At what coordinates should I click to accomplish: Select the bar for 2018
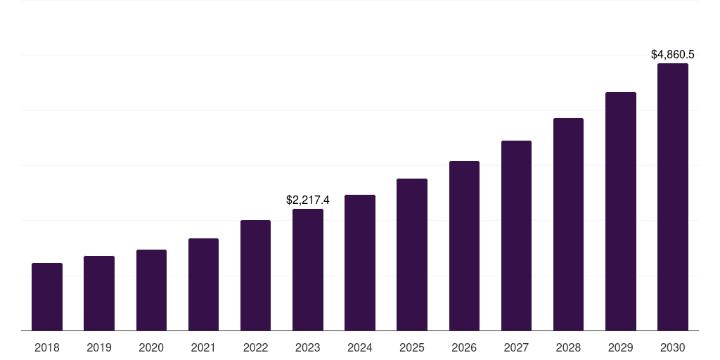click(47, 297)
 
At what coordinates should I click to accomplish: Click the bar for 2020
click(151, 290)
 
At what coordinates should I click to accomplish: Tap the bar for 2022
click(255, 275)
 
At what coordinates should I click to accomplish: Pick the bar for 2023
click(308, 269)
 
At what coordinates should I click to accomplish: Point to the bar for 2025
click(412, 255)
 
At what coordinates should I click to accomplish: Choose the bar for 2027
click(516, 236)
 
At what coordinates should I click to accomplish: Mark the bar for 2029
click(620, 211)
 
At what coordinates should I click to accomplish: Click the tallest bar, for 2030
click(673, 197)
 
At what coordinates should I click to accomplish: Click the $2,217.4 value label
click(308, 200)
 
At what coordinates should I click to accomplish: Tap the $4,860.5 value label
click(673, 54)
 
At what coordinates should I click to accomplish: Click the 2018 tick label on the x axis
click(47, 347)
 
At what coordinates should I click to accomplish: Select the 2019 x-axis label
click(99, 347)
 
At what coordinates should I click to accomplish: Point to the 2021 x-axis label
click(203, 347)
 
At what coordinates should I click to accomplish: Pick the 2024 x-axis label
click(360, 347)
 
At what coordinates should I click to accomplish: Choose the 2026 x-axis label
click(464, 347)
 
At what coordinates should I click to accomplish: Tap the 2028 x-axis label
click(568, 347)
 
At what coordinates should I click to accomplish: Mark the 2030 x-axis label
click(673, 347)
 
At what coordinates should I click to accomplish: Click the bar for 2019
click(99, 293)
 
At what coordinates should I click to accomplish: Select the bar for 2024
click(360, 262)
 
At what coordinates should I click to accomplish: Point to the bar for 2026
click(464, 245)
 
